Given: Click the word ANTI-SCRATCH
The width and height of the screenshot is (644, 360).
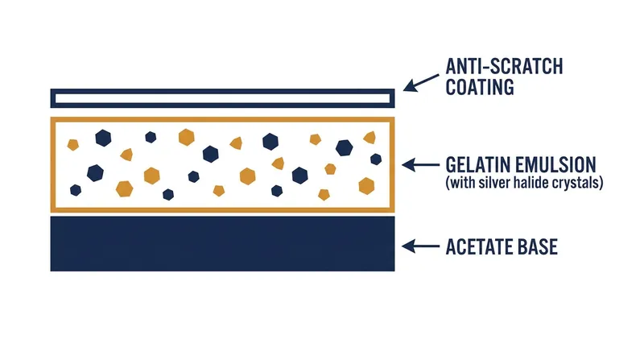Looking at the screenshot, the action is pyautogui.click(x=504, y=67).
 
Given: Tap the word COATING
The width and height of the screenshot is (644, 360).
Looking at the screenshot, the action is pyautogui.click(x=480, y=87).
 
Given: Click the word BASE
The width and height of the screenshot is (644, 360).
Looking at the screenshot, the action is pyautogui.click(x=537, y=247).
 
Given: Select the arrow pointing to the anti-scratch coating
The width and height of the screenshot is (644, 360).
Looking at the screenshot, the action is pyautogui.click(x=421, y=83).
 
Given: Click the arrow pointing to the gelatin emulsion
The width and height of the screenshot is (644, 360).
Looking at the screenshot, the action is pyautogui.click(x=420, y=165).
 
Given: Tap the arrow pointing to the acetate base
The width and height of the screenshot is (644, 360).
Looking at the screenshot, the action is pyautogui.click(x=420, y=246).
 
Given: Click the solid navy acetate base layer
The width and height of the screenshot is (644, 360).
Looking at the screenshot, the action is pyautogui.click(x=223, y=244).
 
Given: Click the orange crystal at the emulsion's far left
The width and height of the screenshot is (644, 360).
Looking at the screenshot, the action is pyautogui.click(x=72, y=145).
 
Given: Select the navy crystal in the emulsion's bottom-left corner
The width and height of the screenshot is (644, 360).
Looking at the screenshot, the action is pyautogui.click(x=76, y=190).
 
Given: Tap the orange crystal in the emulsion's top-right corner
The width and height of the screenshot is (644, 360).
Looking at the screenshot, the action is pyautogui.click(x=369, y=137).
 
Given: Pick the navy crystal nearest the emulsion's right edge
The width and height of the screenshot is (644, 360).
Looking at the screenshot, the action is pyautogui.click(x=376, y=159).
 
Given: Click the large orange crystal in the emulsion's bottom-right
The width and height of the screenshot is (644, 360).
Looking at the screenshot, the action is pyautogui.click(x=366, y=186).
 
